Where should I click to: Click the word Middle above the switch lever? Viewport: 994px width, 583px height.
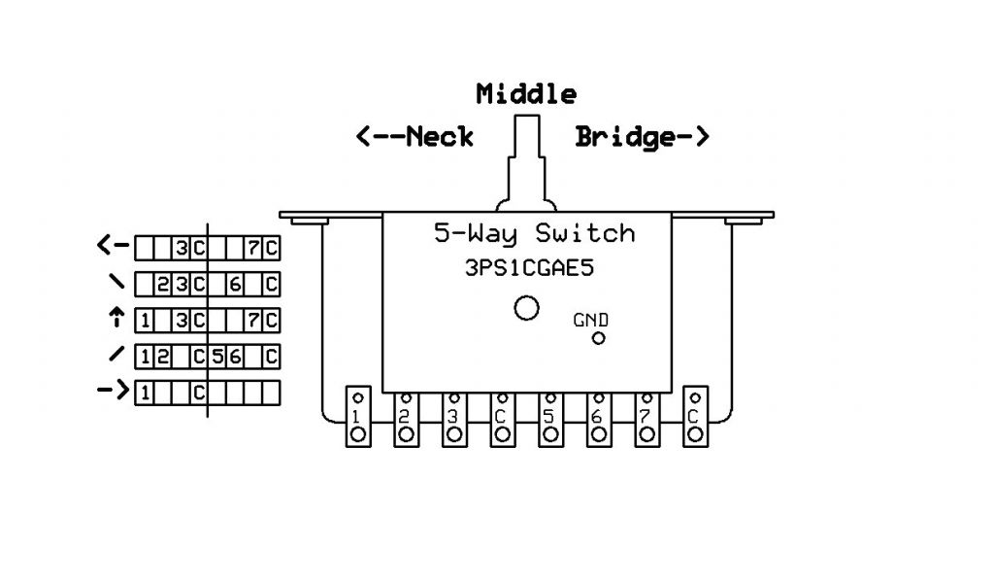tap(526, 94)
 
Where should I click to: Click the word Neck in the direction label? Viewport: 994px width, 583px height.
tap(439, 137)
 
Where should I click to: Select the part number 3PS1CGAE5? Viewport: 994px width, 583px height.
tap(529, 270)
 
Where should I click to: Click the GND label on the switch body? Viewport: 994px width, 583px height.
tap(591, 320)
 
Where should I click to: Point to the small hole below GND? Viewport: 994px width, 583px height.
tap(599, 338)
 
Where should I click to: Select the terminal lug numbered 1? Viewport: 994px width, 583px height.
tap(357, 418)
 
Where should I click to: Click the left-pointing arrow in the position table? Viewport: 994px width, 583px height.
tap(113, 248)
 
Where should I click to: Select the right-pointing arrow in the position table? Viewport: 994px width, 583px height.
tap(114, 392)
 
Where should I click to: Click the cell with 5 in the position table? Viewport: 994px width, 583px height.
tap(219, 357)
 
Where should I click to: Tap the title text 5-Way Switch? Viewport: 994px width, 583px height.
tap(533, 234)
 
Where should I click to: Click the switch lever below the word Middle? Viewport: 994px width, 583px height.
tap(526, 160)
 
